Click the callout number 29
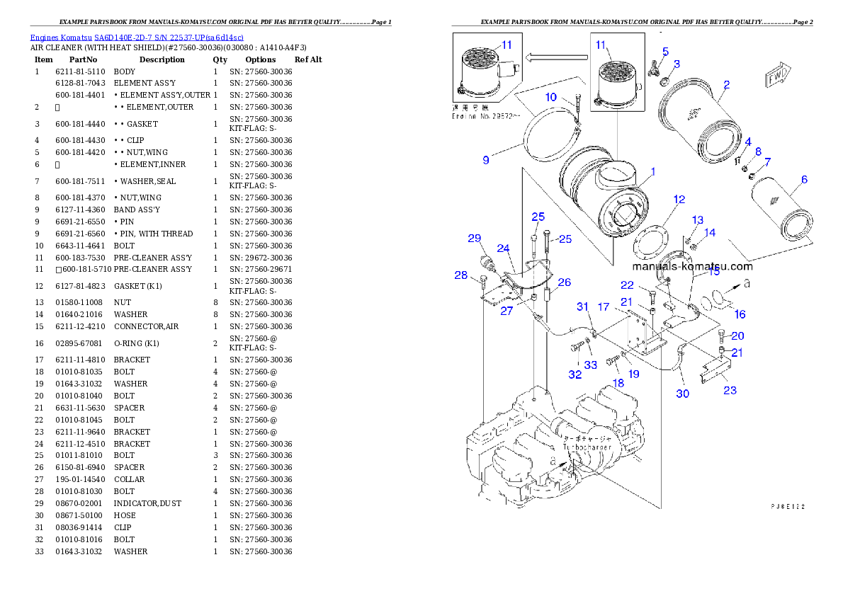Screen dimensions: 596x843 pos(474,239)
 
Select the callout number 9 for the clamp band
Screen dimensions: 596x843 pos(486,161)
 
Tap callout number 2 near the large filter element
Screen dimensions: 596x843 pos(726,86)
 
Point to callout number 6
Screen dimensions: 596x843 pos(804,180)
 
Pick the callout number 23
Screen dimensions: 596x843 pos(730,390)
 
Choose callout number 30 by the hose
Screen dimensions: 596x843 pos(681,394)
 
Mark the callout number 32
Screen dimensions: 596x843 pos(575,374)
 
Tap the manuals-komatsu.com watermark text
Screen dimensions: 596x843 pos(692,266)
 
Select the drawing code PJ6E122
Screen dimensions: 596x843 pos(788,507)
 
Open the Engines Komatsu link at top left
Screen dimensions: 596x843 pos(137,37)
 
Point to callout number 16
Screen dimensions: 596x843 pos(740,314)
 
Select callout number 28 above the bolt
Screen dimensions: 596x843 pos(461,275)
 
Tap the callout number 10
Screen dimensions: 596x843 pos(551,97)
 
